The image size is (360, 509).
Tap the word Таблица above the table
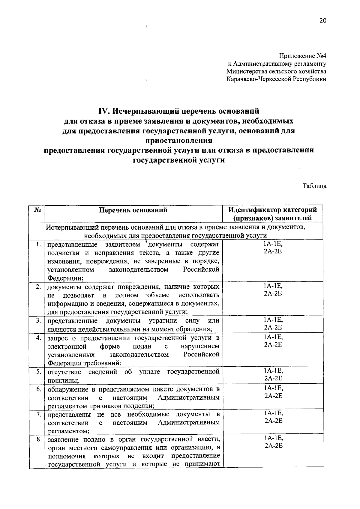click(x=314, y=186)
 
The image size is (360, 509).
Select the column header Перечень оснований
click(x=133, y=210)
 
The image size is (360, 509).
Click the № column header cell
click(x=37, y=210)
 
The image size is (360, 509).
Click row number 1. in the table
click(x=38, y=244)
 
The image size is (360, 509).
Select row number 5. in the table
click(x=38, y=372)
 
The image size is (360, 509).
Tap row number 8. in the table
click(x=38, y=440)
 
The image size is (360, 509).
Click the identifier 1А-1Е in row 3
click(x=273, y=320)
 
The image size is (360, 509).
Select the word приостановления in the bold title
click(x=179, y=140)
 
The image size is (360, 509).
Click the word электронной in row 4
click(x=67, y=347)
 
